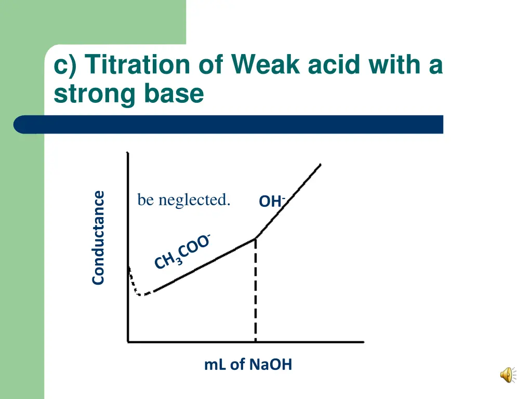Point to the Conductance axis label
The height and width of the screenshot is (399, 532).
[98, 238]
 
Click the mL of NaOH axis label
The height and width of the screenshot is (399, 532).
[248, 365]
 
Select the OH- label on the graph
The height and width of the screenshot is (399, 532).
[272, 201]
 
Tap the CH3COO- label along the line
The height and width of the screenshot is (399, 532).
[182, 252]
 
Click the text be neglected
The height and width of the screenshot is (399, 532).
[183, 199]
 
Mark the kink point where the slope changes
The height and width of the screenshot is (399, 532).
[256, 238]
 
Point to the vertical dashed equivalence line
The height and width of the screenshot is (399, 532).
[256, 291]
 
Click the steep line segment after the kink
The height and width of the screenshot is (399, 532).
[288, 201]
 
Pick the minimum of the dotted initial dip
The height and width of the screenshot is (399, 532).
[141, 295]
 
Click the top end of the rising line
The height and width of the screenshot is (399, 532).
[320, 165]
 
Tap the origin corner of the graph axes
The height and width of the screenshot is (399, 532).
[128, 341]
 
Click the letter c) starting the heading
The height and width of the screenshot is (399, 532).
[66, 65]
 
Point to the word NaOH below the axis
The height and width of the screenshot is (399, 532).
[270, 365]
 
